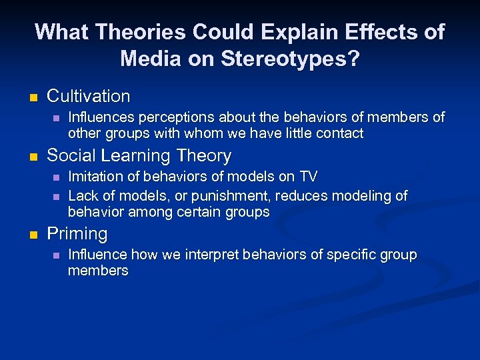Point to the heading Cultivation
point(89,96)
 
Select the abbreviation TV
point(307,176)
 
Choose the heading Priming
point(77,234)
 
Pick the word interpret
point(201,255)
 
